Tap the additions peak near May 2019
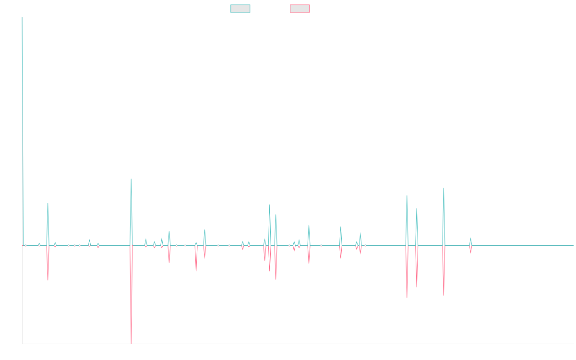tap(131, 179)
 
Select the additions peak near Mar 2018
tap(48, 204)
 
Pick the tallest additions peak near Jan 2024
tap(444, 188)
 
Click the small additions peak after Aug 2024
tap(470, 239)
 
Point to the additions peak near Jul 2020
tap(204, 229)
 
